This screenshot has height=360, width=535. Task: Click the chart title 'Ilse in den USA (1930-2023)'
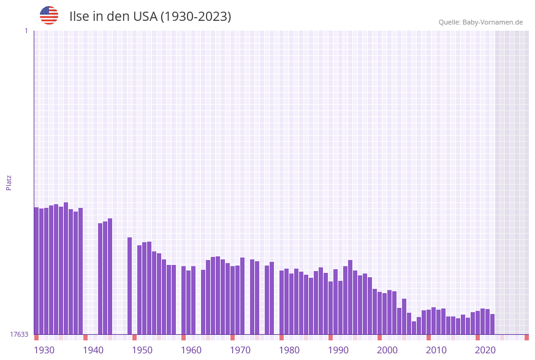[150, 17]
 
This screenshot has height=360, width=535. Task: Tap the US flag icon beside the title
[49, 15]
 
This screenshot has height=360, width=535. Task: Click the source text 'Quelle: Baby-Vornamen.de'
[480, 22]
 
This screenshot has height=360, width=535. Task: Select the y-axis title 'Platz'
[9, 182]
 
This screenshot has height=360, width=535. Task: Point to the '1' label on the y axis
[26, 31]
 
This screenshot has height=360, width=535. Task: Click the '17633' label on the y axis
[19, 334]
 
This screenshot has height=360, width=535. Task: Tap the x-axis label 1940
[93, 350]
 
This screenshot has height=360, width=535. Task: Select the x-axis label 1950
[142, 350]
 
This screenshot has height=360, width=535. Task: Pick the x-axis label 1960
[191, 350]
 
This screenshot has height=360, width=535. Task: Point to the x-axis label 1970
[240, 350]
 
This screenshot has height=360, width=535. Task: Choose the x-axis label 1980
[289, 350]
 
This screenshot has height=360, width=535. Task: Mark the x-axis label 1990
[338, 350]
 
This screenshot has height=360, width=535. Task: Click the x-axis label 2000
[387, 350]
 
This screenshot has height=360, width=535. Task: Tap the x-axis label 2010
[436, 350]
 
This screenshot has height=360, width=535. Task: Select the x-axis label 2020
[485, 350]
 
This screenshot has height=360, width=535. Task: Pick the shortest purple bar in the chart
[414, 327]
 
